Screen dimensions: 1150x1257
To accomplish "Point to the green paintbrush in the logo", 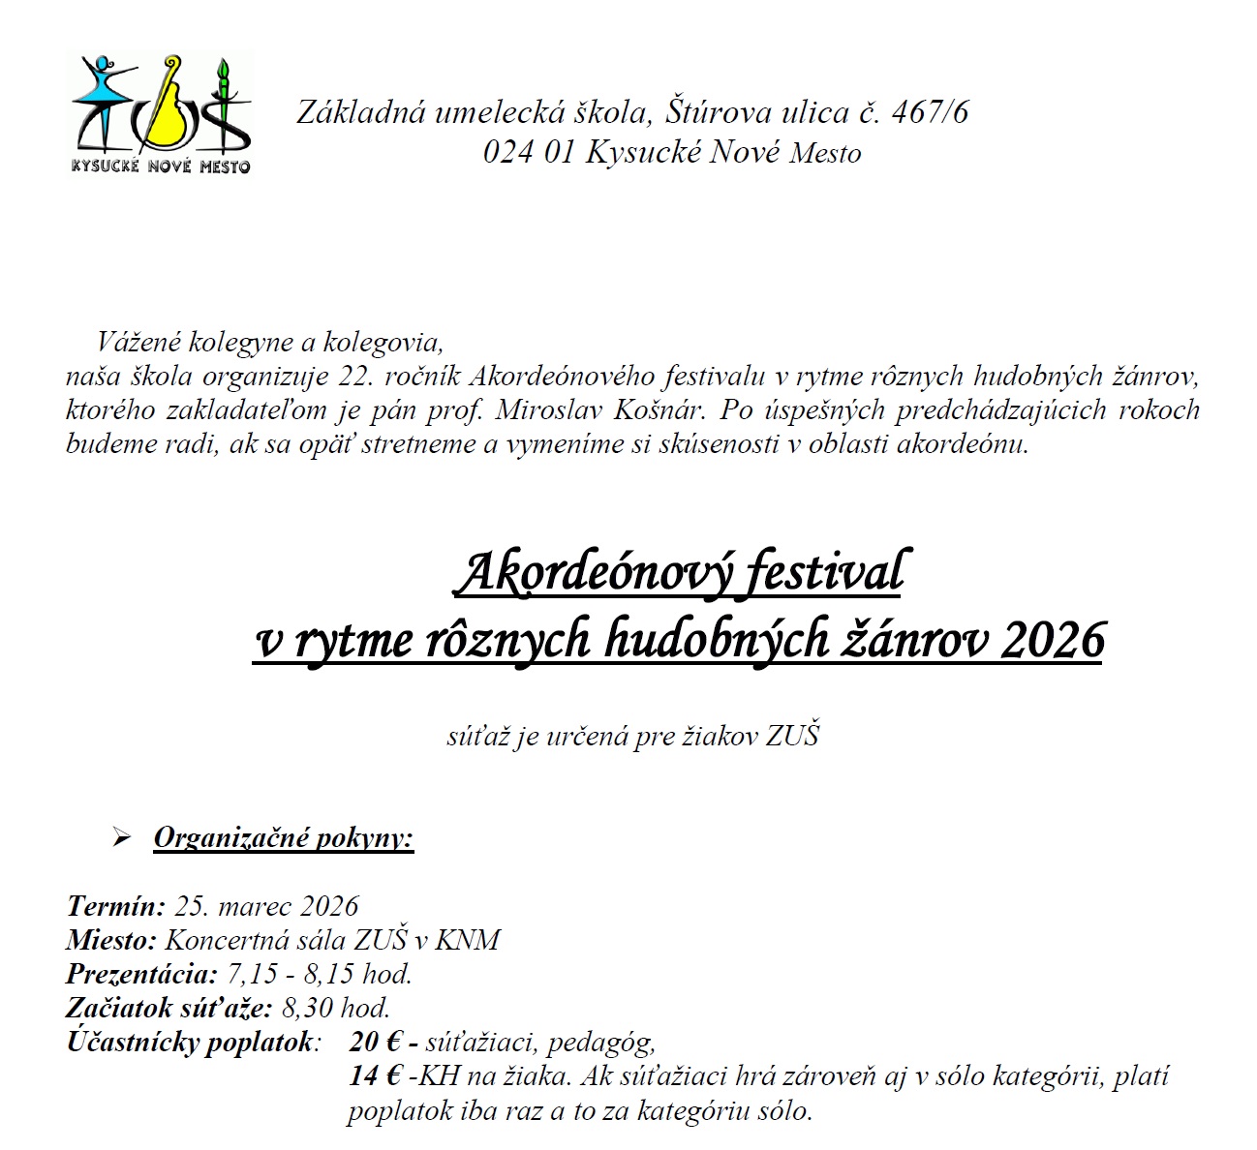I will tap(227, 97).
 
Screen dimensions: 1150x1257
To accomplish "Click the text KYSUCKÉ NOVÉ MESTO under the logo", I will tap(161, 166).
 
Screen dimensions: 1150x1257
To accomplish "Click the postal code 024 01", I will tap(529, 153).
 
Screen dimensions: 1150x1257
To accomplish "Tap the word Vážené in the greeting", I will tap(139, 342).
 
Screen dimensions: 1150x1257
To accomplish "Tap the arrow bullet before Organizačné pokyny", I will tap(122, 838).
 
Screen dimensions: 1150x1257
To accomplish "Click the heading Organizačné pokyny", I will tap(284, 837).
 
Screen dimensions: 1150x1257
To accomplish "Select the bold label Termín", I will tap(116, 906).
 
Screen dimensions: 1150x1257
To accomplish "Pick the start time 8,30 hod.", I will tap(335, 1008).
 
